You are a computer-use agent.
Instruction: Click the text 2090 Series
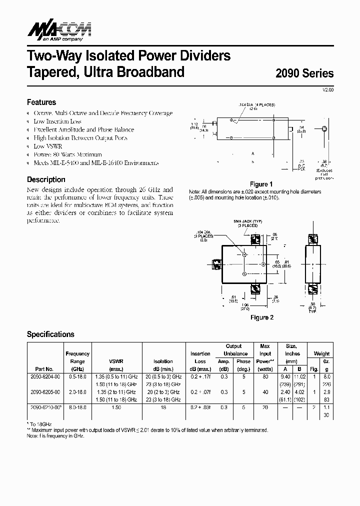tap(304, 73)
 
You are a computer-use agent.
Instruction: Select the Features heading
tap(41, 102)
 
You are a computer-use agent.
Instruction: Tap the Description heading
tap(46, 179)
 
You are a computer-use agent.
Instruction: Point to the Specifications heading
tap(50, 334)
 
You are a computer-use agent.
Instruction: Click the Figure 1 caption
tap(261, 184)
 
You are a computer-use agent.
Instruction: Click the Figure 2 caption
tap(261, 317)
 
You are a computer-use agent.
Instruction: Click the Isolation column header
tap(163, 361)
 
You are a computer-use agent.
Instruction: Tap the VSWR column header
tap(116, 361)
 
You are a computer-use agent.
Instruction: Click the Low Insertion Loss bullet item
tap(57, 121)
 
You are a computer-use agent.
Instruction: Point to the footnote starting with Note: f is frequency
tap(55, 436)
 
